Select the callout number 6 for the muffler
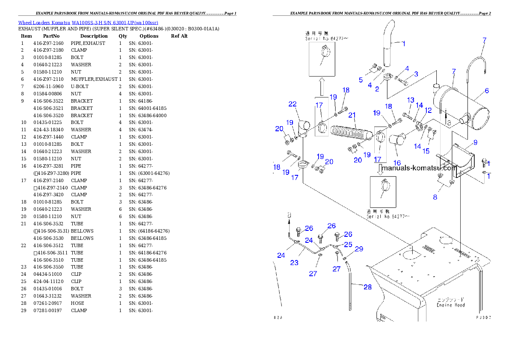(487, 91)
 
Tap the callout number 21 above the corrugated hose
(352, 115)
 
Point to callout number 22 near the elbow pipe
(293, 104)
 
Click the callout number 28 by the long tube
(367, 287)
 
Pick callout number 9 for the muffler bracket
(475, 142)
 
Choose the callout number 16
(397, 163)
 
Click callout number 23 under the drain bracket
(294, 263)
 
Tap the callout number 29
(359, 249)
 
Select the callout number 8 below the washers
(435, 197)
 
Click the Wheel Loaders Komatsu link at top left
(88, 23)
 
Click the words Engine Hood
(450, 305)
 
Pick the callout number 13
(411, 100)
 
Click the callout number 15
(426, 150)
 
